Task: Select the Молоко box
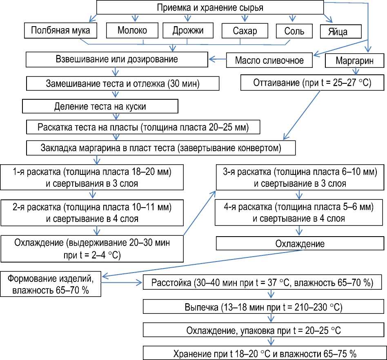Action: point(132,31)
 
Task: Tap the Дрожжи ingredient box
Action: point(188,31)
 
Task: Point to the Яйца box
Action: point(338,32)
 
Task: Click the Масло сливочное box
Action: point(269,60)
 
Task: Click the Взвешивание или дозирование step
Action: point(117,59)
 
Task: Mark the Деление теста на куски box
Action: point(100,106)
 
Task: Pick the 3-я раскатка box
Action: point(300,178)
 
